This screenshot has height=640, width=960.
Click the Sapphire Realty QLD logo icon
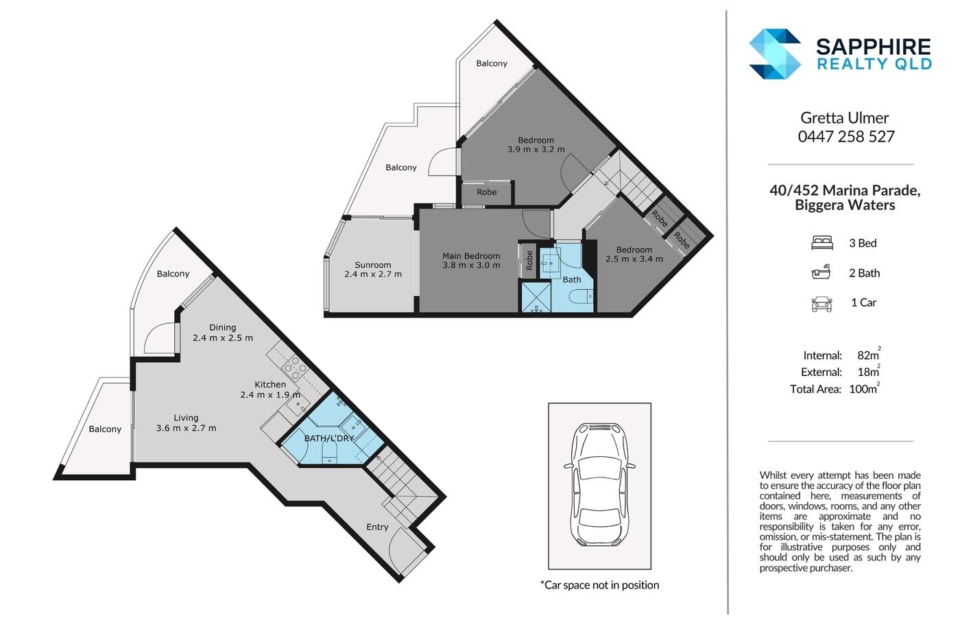tap(775, 54)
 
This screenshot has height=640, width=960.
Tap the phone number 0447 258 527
tap(846, 137)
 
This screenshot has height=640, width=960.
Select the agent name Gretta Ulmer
tap(844, 117)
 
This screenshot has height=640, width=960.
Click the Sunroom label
tap(372, 265)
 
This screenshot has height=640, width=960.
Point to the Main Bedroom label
tap(471, 256)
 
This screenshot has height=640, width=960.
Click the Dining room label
tap(222, 327)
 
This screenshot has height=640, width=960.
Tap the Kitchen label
tap(270, 385)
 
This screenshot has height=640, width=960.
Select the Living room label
tap(186, 418)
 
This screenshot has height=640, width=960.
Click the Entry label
tap(377, 527)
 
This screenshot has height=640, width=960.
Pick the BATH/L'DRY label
tap(329, 438)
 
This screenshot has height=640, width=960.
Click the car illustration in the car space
tap(599, 485)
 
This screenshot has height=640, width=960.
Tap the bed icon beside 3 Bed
tap(822, 243)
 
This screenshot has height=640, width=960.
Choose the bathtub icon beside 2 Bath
tap(821, 272)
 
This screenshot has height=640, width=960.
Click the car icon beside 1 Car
tap(821, 304)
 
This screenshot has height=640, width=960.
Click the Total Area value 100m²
tap(864, 388)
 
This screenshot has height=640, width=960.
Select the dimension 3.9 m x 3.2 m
tap(536, 149)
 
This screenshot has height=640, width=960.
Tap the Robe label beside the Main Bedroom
tap(529, 260)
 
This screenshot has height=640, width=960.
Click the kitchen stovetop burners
tap(294, 368)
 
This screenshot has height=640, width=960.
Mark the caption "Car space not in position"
tap(599, 584)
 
